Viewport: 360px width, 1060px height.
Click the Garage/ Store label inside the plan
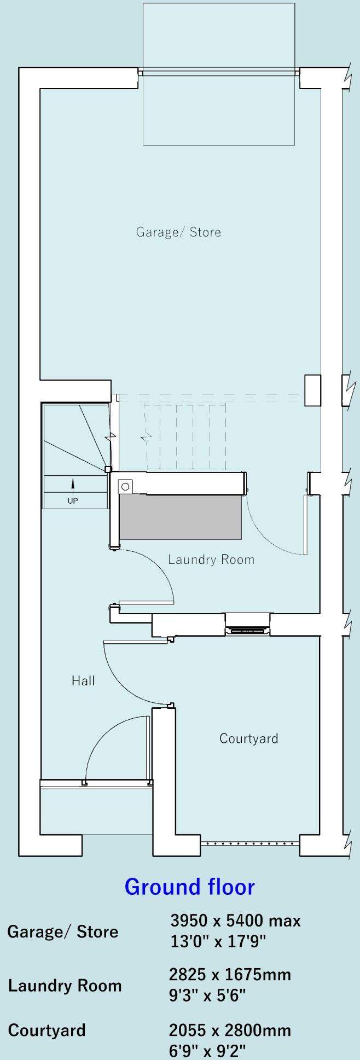click(x=178, y=232)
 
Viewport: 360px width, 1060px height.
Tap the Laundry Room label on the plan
click(x=211, y=560)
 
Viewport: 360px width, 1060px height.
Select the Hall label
click(x=83, y=681)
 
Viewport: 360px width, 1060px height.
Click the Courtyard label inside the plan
click(x=248, y=739)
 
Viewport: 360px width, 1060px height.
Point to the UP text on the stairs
click(x=73, y=501)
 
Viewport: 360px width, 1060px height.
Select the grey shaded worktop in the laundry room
click(x=181, y=517)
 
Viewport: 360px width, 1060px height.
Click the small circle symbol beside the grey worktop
click(x=126, y=486)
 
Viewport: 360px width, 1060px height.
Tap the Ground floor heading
click(x=189, y=887)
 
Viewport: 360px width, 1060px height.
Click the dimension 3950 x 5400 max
click(x=235, y=921)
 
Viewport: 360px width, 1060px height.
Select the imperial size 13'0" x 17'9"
click(x=218, y=942)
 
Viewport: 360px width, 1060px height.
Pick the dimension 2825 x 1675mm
click(x=230, y=975)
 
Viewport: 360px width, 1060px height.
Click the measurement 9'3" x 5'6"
click(x=207, y=995)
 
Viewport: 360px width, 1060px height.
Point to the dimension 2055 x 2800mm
click(x=230, y=1030)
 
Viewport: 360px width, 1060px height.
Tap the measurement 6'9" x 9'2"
click(x=207, y=1051)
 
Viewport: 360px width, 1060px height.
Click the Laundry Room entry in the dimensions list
click(x=65, y=986)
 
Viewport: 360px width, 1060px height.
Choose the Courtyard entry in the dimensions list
click(x=47, y=1030)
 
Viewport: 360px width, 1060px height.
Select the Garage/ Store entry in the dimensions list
click(x=62, y=931)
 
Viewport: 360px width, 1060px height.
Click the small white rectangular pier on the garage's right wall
click(x=312, y=390)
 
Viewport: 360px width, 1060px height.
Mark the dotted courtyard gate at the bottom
click(x=250, y=844)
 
